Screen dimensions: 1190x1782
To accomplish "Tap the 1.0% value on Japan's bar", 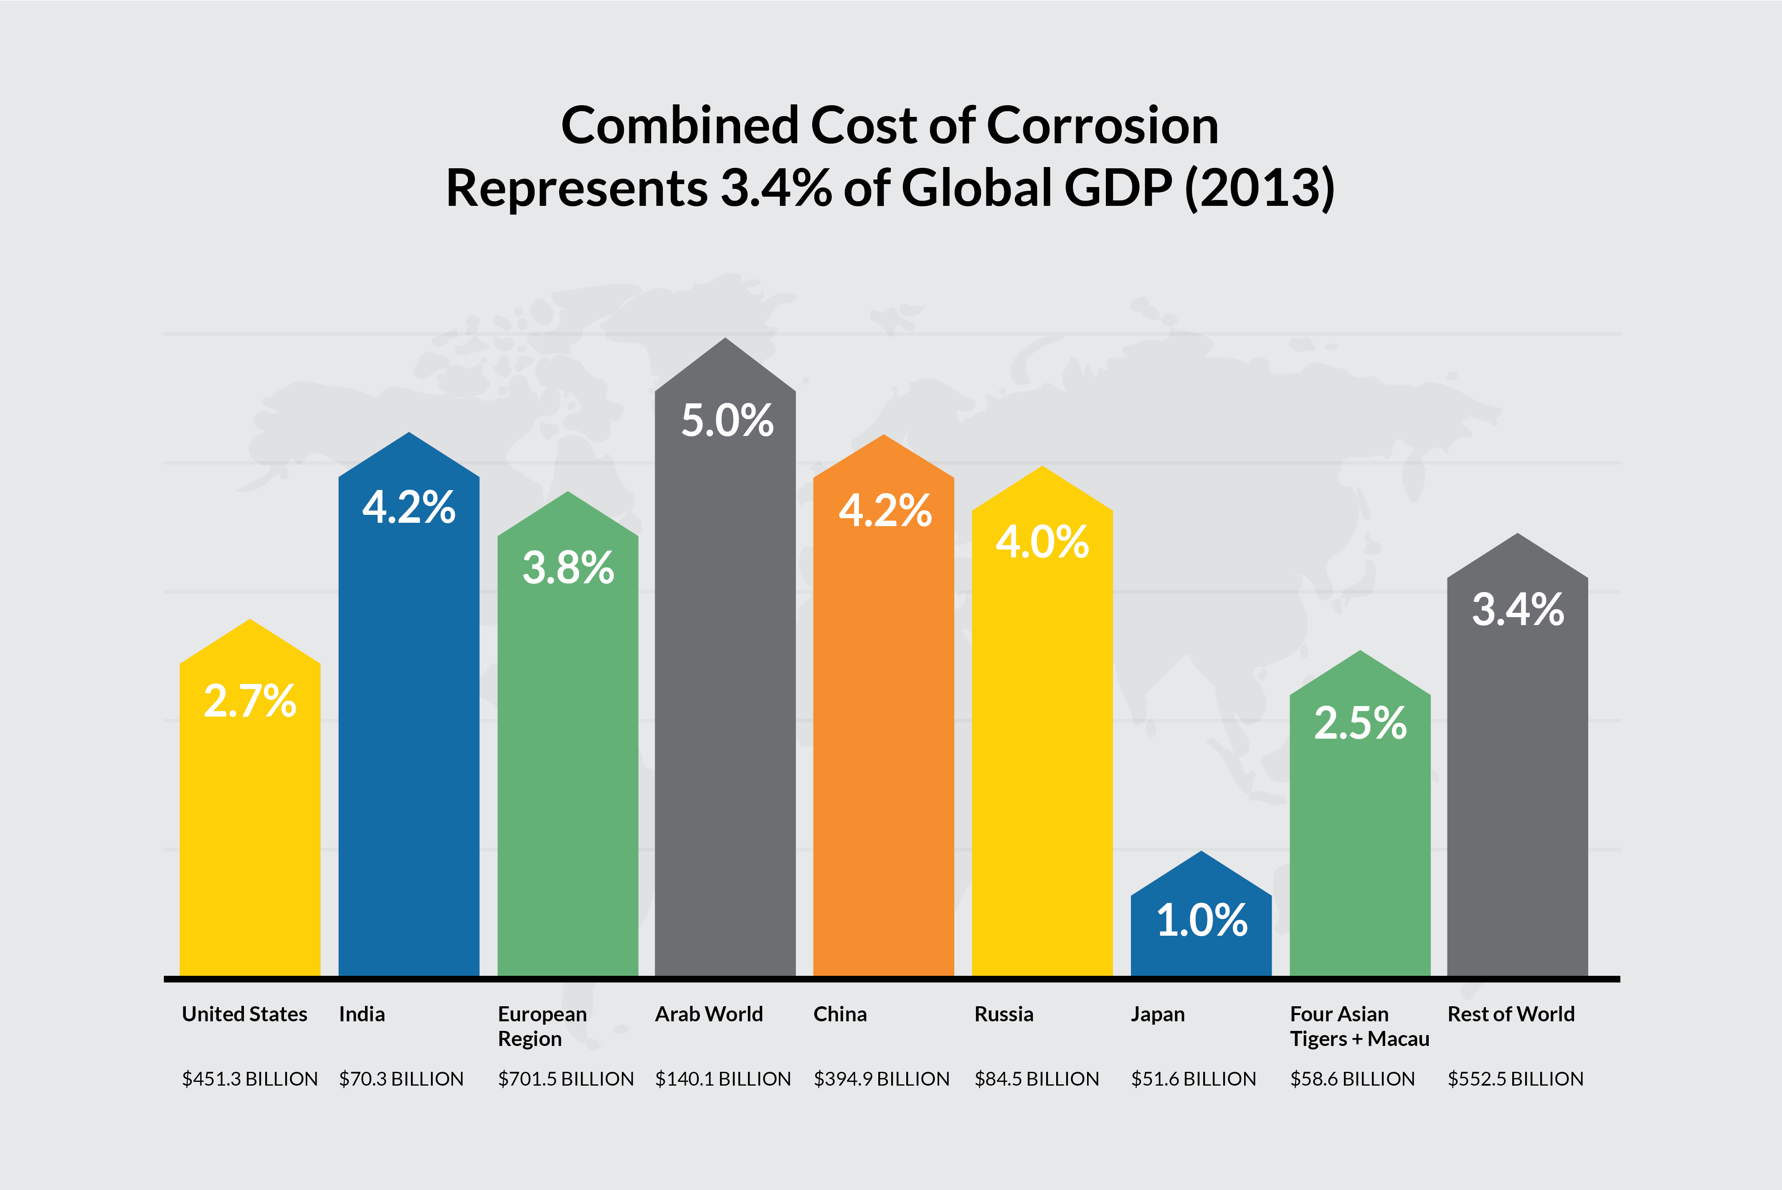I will pyautogui.click(x=1202, y=921).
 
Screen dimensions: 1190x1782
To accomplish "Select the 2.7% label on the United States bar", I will pyautogui.click(x=250, y=701).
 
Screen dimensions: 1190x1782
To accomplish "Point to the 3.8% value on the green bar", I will pyautogui.click(x=568, y=568).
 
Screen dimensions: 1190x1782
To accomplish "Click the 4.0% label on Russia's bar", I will pyautogui.click(x=1042, y=542).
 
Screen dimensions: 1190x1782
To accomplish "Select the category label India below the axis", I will pyautogui.click(x=362, y=1014).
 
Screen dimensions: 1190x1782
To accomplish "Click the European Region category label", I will pyautogui.click(x=542, y=1026).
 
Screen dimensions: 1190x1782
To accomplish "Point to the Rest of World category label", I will pyautogui.click(x=1510, y=1014).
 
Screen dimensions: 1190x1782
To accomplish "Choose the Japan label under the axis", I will pyautogui.click(x=1157, y=1014).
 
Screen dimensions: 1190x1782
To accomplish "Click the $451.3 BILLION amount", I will pyautogui.click(x=250, y=1079).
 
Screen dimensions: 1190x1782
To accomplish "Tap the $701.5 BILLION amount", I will pyautogui.click(x=565, y=1079).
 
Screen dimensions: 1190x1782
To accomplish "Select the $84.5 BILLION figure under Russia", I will pyautogui.click(x=1037, y=1079).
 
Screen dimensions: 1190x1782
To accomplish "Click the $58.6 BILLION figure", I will pyautogui.click(x=1352, y=1079).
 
